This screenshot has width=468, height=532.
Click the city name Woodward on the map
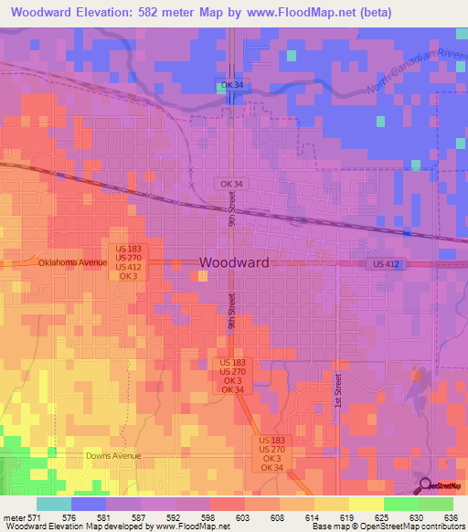point(234,262)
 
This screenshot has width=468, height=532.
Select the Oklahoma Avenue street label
point(73,262)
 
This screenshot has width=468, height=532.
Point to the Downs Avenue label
point(110,454)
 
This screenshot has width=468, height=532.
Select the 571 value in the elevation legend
point(36,517)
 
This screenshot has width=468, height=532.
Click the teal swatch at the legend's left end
point(53,504)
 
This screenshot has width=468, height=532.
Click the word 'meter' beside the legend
point(14,517)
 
